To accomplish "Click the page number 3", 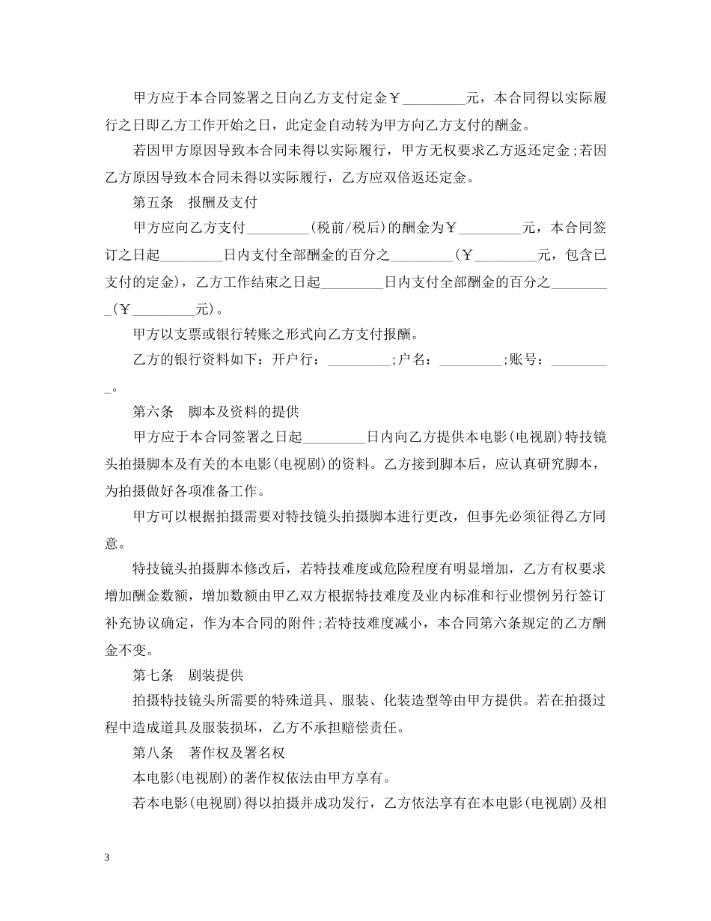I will (108, 858).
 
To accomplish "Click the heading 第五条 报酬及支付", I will (195, 201).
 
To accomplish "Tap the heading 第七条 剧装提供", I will (188, 675).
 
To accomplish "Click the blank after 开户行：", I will (360, 361).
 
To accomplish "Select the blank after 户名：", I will (471, 361).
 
